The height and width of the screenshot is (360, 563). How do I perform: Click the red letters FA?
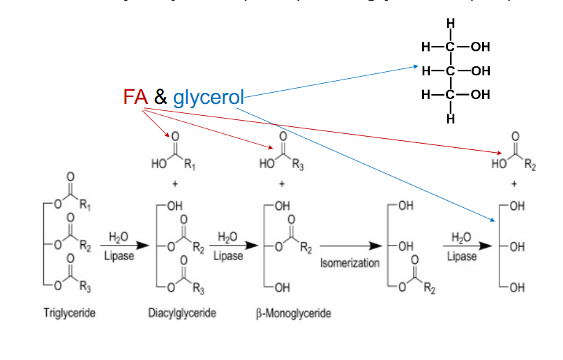135,97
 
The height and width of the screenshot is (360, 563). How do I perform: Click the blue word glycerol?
209,98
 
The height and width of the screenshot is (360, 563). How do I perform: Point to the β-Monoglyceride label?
293,313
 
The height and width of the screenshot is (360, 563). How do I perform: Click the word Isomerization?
350,263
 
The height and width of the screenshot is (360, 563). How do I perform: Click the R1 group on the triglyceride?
84,207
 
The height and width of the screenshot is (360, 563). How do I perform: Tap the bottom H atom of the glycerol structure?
451,118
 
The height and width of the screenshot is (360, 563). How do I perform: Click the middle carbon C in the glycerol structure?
451,70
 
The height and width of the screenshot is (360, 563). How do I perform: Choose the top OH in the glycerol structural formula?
481,47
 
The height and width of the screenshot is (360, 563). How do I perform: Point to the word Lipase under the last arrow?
463,256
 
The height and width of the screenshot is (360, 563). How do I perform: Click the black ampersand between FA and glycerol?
160,98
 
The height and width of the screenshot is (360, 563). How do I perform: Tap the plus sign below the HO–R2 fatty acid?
514,184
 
